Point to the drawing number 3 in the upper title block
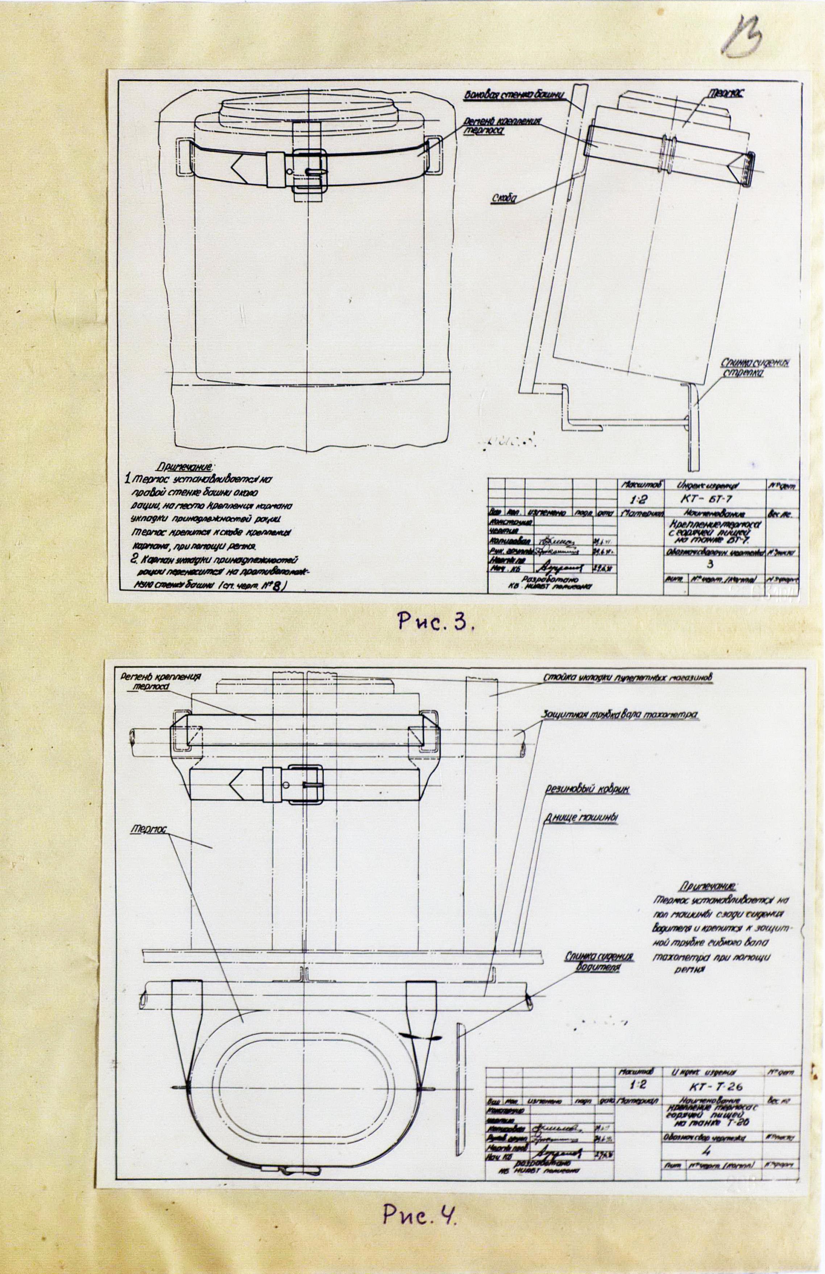pos(710,563)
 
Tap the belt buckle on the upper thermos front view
pos(308,171)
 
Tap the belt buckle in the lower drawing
pos(303,784)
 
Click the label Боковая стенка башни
pos(514,96)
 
